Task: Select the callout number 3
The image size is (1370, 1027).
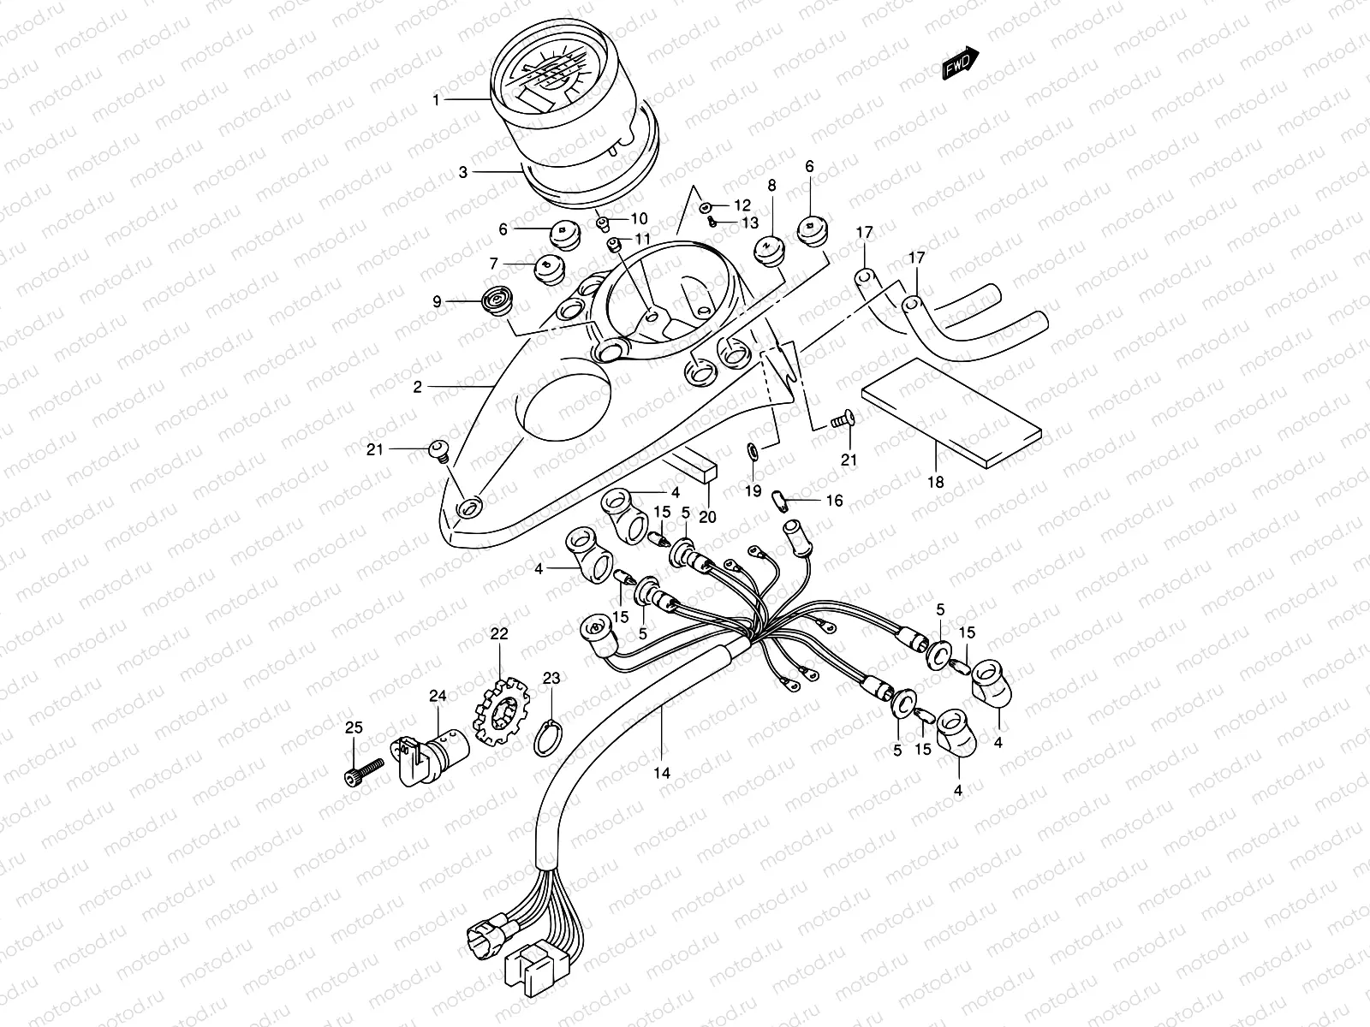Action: click(x=462, y=172)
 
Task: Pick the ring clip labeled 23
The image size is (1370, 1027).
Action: click(x=547, y=738)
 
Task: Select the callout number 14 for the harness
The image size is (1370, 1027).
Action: click(x=661, y=772)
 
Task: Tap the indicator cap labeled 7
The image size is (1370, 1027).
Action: click(x=547, y=270)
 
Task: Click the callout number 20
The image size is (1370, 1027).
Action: click(x=707, y=516)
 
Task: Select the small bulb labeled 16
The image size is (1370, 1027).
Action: click(x=779, y=499)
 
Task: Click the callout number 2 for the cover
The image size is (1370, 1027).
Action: click(x=418, y=387)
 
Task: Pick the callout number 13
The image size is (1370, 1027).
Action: click(x=750, y=223)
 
